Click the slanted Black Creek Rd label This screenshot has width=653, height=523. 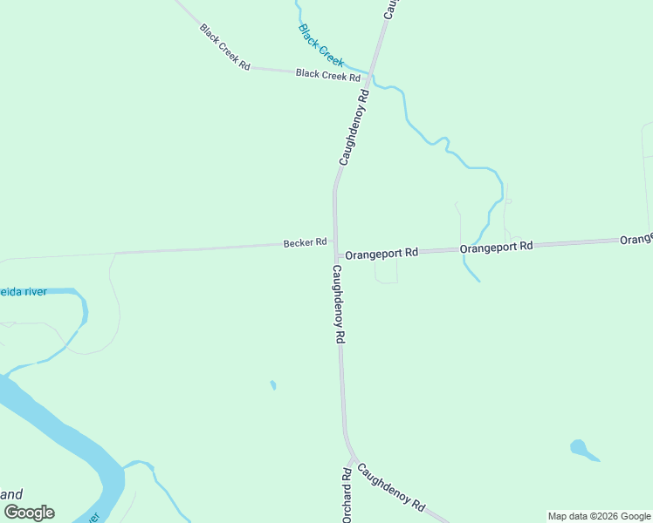point(225,47)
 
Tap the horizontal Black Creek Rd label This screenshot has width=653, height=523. point(328,75)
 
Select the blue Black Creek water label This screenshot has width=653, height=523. point(321,45)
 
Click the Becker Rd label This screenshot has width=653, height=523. point(305,242)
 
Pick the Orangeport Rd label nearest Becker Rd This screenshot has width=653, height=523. point(381,254)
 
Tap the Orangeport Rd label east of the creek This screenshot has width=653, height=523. point(496,247)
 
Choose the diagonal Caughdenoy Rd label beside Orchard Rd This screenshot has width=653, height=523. point(390,486)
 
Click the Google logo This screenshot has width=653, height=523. point(29,513)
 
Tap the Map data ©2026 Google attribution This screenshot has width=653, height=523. point(599,516)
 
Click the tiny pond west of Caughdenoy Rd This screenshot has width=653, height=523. point(273,384)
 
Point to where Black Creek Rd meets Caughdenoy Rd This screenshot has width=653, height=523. point(369,76)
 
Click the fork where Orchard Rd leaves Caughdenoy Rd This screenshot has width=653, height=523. point(352,457)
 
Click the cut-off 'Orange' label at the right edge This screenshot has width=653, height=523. point(636,238)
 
